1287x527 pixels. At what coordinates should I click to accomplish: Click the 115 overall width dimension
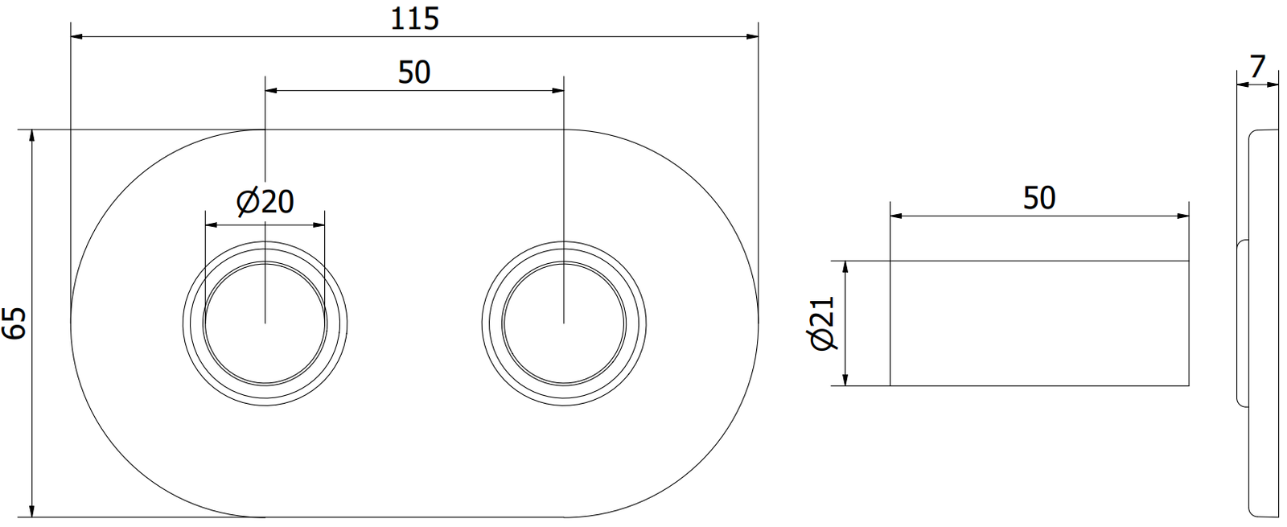[x=414, y=19]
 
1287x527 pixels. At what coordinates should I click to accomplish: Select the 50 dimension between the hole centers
[x=413, y=72]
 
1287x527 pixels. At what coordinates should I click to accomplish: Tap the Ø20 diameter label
[x=265, y=201]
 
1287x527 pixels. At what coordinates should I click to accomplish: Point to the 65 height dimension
[x=14, y=323]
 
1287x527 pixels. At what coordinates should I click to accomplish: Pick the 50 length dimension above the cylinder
[x=1038, y=198]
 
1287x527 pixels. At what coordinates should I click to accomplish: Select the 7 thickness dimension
[x=1257, y=68]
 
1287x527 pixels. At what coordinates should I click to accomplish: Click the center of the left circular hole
[x=265, y=323]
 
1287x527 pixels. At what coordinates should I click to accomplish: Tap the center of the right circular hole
[x=564, y=323]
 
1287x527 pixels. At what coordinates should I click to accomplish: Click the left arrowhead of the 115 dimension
[x=76, y=37]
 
